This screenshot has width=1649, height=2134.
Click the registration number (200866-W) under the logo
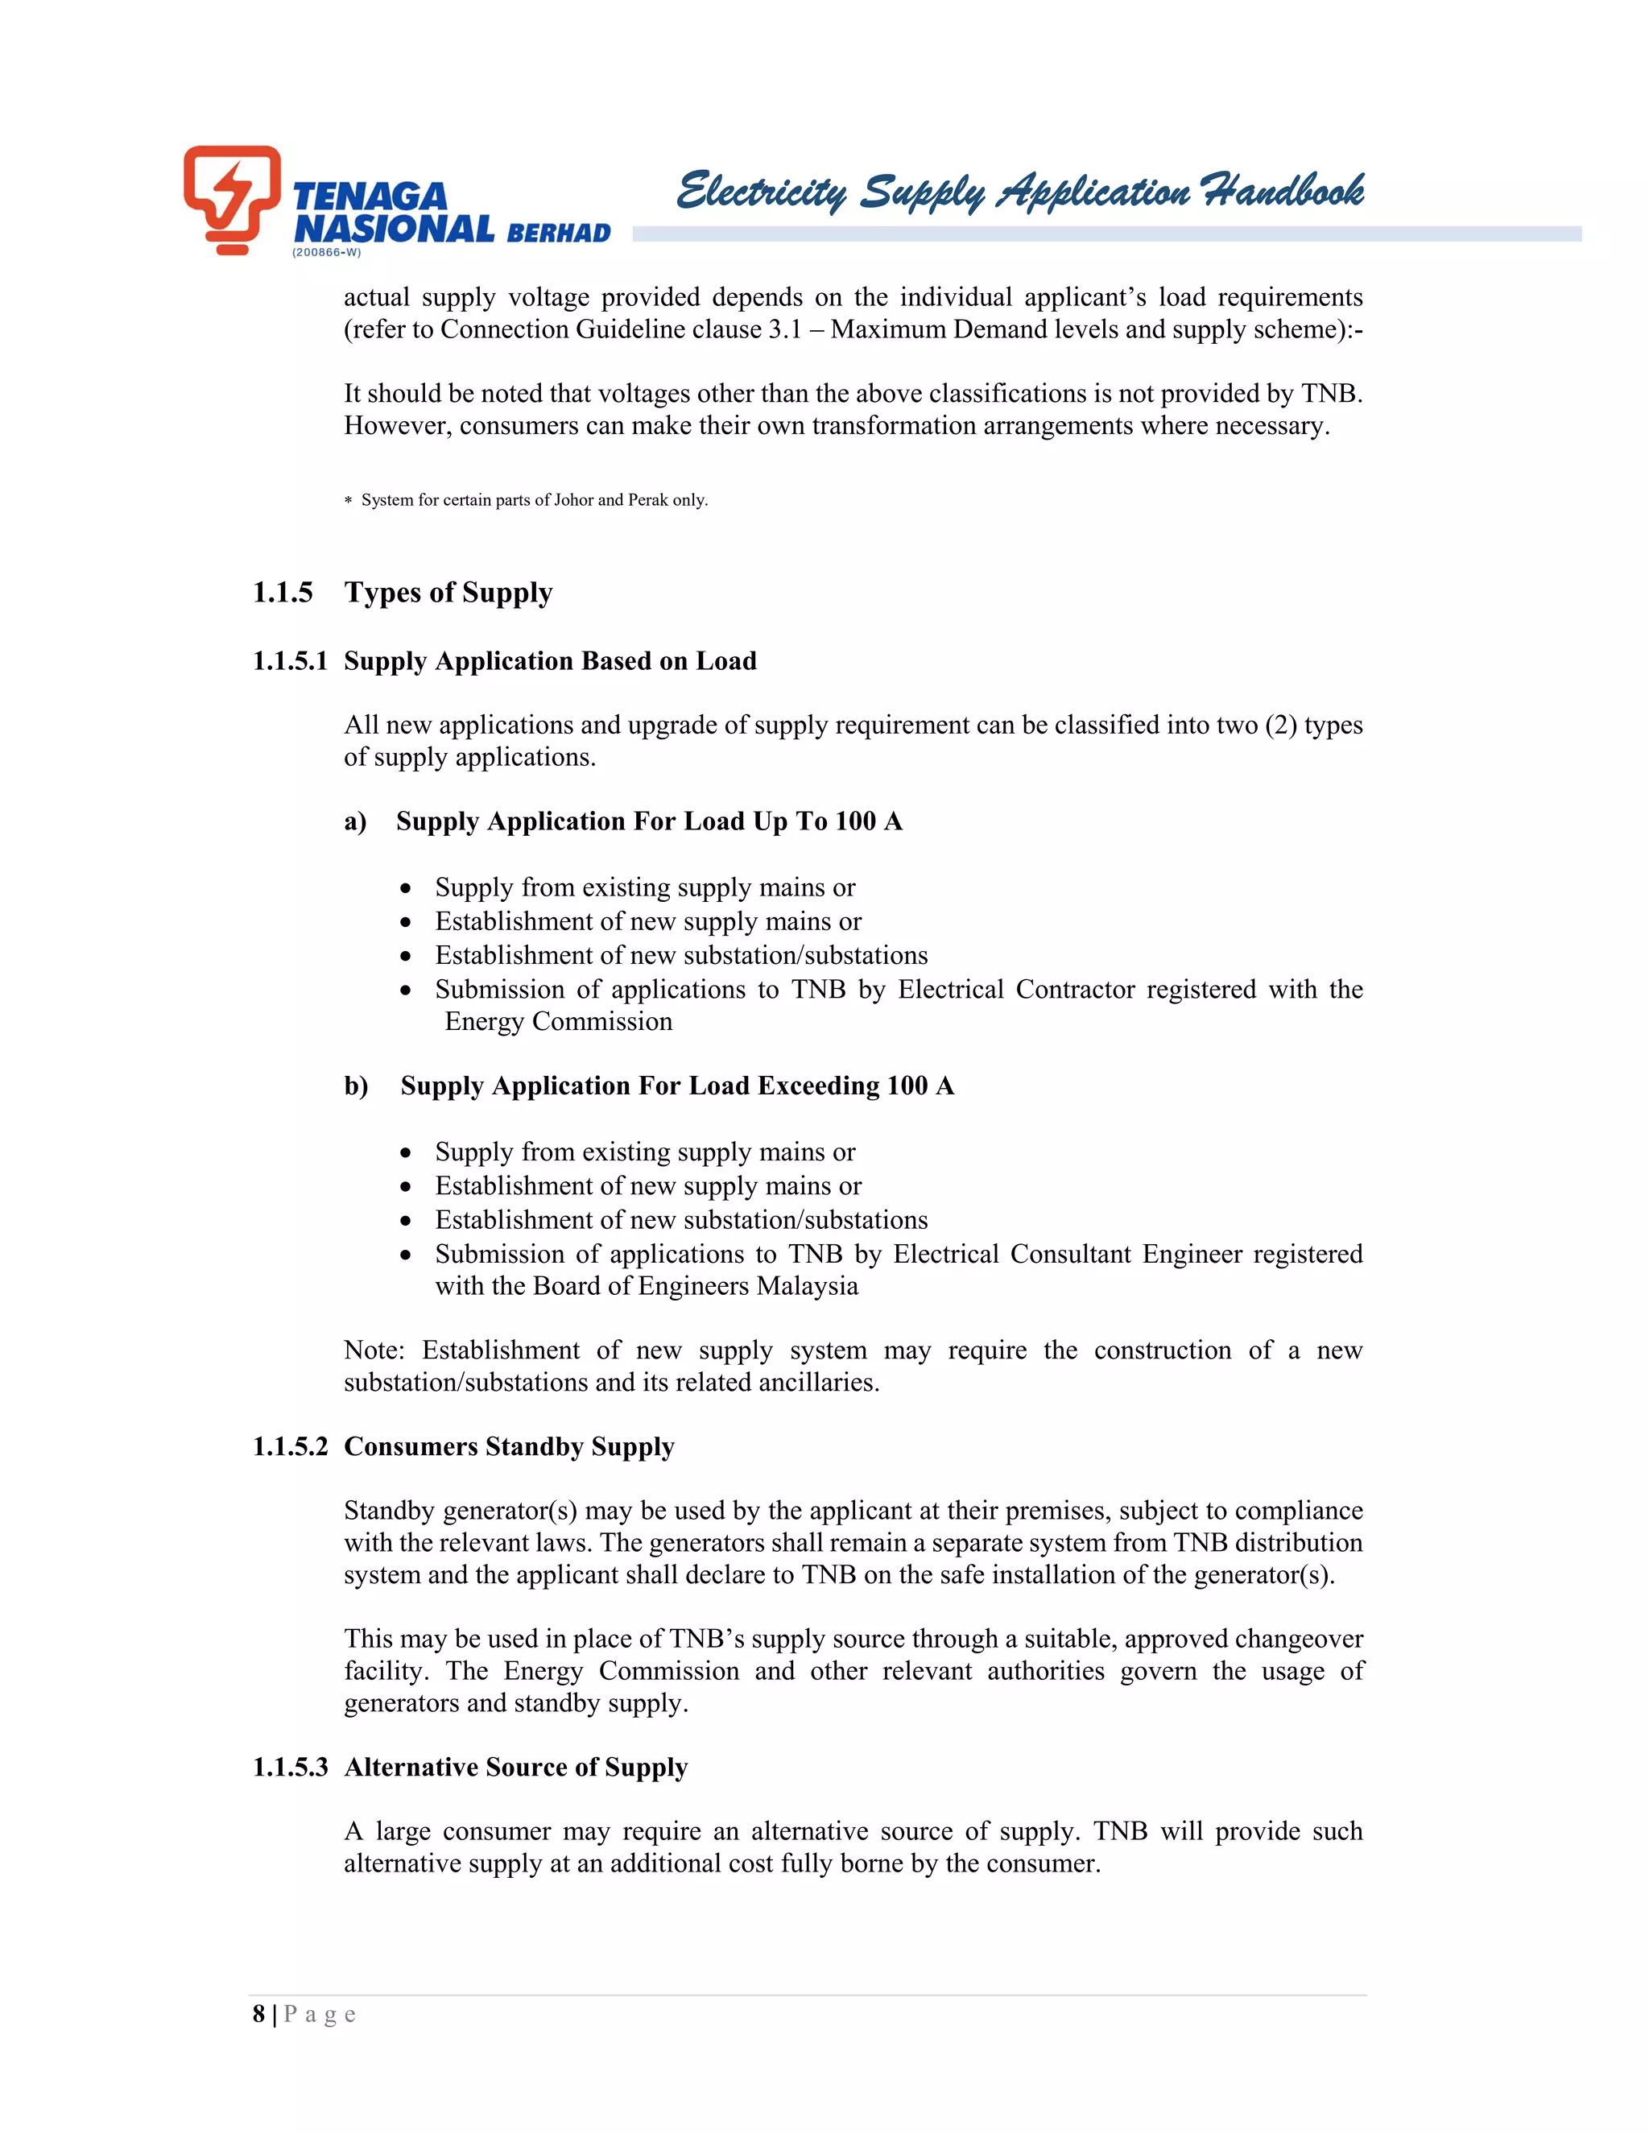326,252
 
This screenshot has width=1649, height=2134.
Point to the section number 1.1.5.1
290,661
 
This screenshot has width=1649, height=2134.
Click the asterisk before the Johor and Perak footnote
348,501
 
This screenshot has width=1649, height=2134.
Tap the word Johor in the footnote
573,500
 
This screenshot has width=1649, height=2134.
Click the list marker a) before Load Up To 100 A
356,821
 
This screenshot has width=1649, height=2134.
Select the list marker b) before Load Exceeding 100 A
356,1086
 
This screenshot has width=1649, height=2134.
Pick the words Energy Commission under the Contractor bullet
558,1022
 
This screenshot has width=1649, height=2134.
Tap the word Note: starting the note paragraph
374,1350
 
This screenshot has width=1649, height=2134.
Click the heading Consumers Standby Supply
509,1447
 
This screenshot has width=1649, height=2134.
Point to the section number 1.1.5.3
290,1768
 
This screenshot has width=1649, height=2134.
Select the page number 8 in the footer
259,2015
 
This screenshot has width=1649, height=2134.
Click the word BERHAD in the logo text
559,234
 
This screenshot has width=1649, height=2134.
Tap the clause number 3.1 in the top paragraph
783,329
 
